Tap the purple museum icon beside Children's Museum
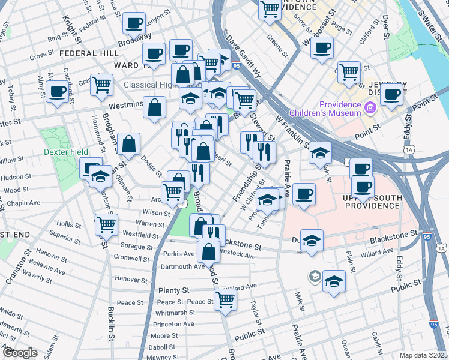point(370,109)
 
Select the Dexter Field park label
point(66,152)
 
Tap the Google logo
point(20,353)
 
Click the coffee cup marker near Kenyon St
point(135,24)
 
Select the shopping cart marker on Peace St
point(225,299)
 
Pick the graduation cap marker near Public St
point(334,281)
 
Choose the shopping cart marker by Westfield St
point(106,225)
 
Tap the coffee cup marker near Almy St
point(58,92)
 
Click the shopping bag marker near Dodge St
point(129,144)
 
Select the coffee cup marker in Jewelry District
point(392,94)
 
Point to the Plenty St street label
point(173,290)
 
